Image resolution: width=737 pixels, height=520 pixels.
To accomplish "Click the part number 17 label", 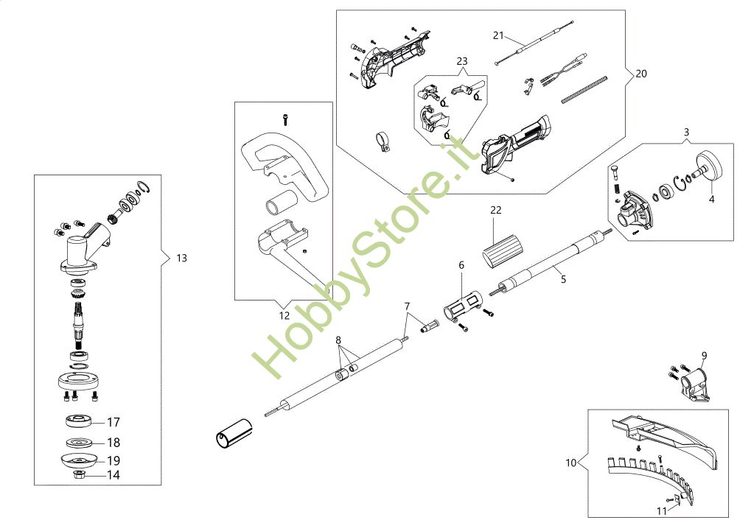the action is click(x=113, y=423).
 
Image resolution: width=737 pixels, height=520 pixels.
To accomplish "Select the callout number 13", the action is click(x=181, y=258).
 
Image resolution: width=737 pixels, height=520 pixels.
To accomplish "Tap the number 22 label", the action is click(x=495, y=210).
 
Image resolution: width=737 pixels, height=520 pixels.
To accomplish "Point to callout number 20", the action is click(x=640, y=74).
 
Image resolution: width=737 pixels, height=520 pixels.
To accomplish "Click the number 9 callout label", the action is click(x=704, y=356).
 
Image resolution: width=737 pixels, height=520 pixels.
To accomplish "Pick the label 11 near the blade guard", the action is click(x=661, y=510).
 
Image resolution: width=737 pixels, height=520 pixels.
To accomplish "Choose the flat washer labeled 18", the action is click(x=80, y=443).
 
